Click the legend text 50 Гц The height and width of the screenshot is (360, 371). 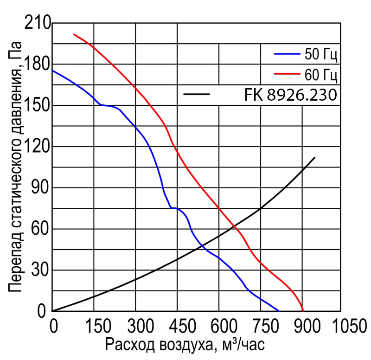(x=320, y=55)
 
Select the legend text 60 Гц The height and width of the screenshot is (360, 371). (x=320, y=74)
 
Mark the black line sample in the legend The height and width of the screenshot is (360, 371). (x=197, y=95)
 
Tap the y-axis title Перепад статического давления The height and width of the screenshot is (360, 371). (x=15, y=172)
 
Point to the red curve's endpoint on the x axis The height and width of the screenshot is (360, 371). (x=303, y=311)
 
